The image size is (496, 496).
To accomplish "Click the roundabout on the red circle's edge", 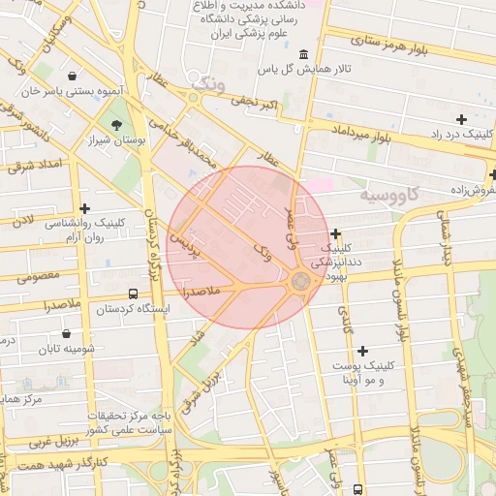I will pos(300,281).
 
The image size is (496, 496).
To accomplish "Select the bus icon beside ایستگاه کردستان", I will pos(133,294).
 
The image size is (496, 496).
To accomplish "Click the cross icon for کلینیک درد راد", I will pos(461,118).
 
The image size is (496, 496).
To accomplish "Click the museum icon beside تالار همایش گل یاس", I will pos(304,54).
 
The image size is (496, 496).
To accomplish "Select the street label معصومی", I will pos(38,276).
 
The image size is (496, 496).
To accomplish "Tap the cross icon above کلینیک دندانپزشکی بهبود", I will pos(335,233).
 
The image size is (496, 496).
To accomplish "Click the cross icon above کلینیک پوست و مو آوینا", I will pos(362,350).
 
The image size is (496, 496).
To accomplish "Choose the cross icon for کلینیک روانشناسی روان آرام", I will pos(85,207).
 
